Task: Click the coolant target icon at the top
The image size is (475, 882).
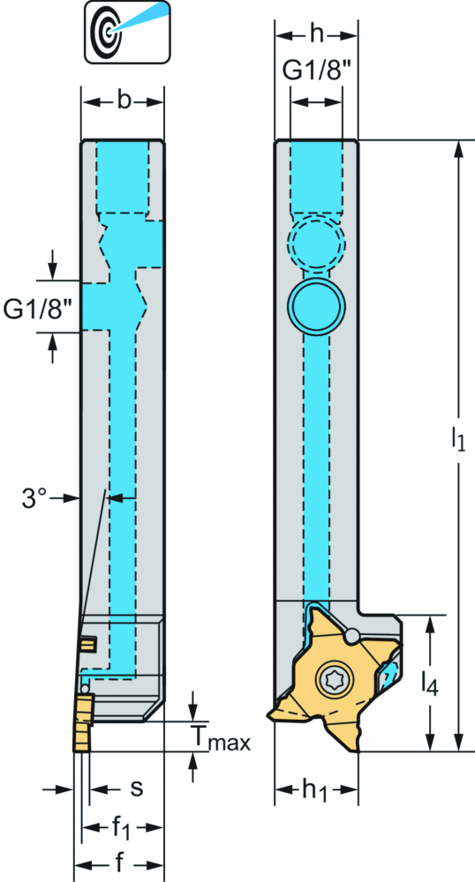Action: (128, 31)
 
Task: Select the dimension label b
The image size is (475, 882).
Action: (124, 101)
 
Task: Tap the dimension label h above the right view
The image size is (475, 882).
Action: (317, 35)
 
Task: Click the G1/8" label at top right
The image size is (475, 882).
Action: (316, 71)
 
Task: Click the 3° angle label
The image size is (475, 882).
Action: (34, 498)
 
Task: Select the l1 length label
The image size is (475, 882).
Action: (458, 440)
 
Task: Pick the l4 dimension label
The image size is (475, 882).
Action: (431, 684)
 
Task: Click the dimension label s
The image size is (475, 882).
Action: (136, 789)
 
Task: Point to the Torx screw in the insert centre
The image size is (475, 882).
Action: (331, 679)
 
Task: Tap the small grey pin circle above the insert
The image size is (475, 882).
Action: (351, 636)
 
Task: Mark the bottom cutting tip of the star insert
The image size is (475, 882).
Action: (357, 749)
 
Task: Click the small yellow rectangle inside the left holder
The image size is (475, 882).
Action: (88, 643)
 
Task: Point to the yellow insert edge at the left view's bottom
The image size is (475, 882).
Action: (83, 723)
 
